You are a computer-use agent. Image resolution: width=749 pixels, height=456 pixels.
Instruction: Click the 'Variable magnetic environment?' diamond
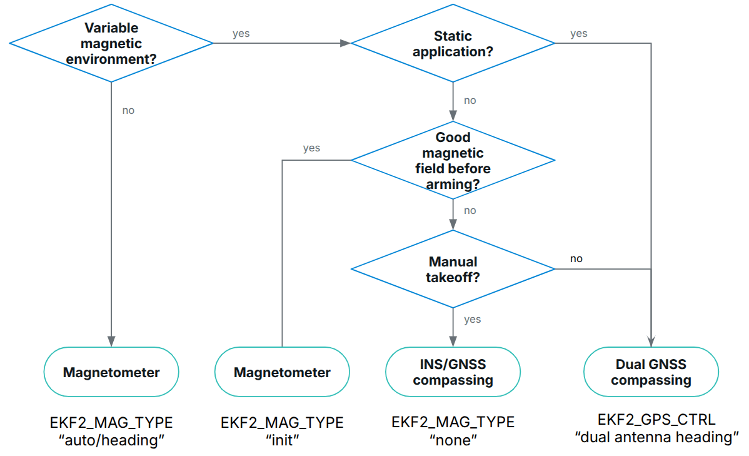point(111,43)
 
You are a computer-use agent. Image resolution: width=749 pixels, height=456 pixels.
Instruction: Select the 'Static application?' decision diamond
point(453,43)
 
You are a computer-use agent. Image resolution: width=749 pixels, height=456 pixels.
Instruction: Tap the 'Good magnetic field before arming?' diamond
point(453,160)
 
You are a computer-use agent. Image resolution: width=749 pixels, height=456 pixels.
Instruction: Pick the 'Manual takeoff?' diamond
point(453,269)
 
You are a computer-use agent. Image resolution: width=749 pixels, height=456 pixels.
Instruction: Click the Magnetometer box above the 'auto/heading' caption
point(111,372)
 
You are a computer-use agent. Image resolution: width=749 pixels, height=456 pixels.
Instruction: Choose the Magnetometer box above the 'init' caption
point(282,372)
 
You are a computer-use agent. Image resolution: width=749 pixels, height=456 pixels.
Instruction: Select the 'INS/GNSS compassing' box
point(453,372)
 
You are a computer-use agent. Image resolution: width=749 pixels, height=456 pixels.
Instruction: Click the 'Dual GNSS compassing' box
point(651,372)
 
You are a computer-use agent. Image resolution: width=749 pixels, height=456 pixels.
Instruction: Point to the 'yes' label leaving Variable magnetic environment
point(241,34)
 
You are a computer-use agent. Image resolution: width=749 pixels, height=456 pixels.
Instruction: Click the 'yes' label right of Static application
point(578,34)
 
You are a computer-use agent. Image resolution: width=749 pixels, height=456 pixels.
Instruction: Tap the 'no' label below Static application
point(470,101)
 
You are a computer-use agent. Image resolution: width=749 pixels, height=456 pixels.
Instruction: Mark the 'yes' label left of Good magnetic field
point(311,148)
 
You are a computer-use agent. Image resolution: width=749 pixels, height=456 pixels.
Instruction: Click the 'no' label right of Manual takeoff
point(576,259)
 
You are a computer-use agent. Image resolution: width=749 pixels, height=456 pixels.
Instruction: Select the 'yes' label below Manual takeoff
point(472,320)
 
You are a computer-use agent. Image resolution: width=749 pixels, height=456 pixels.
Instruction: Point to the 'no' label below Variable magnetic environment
point(128,111)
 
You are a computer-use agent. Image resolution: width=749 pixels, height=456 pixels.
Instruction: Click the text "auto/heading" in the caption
point(111,440)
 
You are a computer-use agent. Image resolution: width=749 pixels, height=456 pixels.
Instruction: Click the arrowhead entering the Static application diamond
point(345,43)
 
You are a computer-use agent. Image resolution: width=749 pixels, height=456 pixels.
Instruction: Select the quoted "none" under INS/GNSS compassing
point(453,440)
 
